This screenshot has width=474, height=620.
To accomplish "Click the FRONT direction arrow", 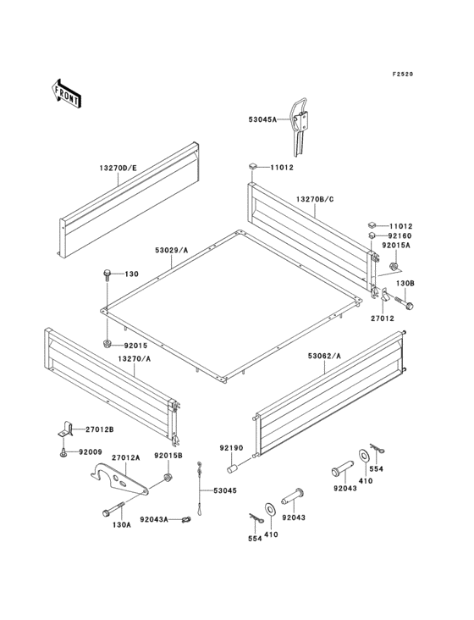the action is (66, 94).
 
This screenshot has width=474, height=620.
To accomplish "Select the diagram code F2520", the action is (403, 74).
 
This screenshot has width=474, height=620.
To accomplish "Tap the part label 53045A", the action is (262, 119).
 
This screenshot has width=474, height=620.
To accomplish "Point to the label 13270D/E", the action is (118, 168).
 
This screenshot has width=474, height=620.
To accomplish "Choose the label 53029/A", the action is (172, 250).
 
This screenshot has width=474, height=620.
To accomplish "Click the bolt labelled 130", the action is (107, 274).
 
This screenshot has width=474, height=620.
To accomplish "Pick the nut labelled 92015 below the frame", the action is (107, 344).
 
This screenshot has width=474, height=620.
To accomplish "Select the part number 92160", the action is (400, 236).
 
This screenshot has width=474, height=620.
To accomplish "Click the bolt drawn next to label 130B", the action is (403, 302).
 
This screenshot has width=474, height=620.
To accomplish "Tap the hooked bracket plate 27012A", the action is (119, 479).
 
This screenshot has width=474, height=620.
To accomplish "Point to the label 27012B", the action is (100, 429).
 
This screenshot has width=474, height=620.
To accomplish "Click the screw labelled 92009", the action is (63, 453).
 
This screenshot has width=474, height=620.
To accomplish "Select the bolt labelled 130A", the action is (113, 510).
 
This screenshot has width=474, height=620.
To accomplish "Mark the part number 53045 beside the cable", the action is (225, 490).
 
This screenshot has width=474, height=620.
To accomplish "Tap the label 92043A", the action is (154, 519).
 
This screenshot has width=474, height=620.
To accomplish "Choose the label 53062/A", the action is (324, 356).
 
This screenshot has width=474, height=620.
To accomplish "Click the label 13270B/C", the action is (315, 199).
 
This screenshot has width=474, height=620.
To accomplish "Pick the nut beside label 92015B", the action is (168, 478).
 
